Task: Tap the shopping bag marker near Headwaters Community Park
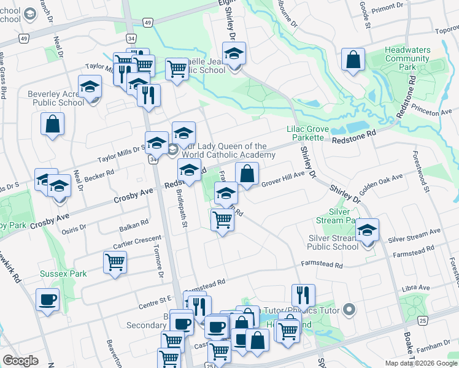click(x=353, y=60)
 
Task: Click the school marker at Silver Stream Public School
click(x=368, y=231)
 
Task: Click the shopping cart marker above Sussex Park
click(x=115, y=262)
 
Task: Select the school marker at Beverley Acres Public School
click(x=90, y=87)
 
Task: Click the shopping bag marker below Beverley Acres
click(x=53, y=123)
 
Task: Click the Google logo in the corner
click(x=20, y=361)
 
